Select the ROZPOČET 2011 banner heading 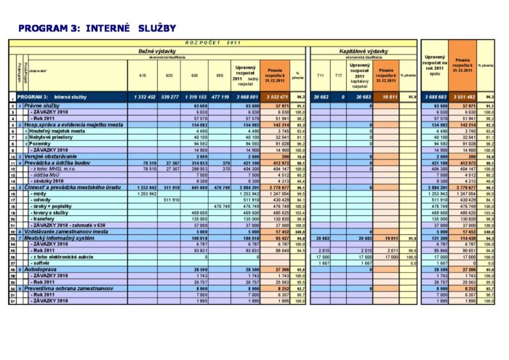pos(212,43)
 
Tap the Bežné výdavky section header pos(158,51)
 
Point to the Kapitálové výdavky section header pos(364,51)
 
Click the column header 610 pos(142,75)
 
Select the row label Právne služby pos(44,106)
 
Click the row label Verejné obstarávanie pos(55,156)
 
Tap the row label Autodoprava pos(44,268)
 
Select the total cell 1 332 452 pos(142,96)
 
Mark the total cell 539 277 pos(170,96)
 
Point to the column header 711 pos(320,75)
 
